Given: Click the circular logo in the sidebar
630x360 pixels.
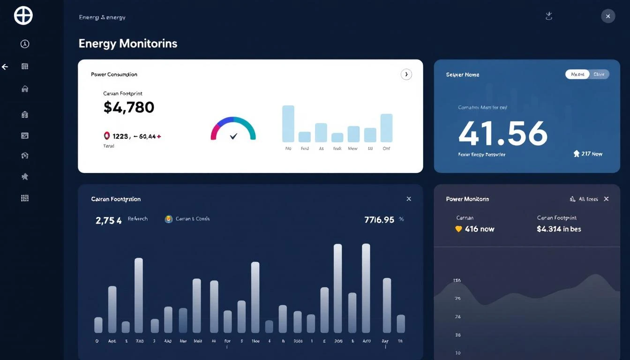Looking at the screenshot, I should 23,15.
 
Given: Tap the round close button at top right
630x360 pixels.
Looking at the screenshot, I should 607,16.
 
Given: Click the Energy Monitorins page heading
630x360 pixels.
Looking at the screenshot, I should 128,44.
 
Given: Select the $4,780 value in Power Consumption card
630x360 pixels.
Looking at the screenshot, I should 129,107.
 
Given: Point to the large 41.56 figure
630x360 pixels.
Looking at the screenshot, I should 502,133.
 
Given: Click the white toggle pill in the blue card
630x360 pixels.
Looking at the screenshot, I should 577,74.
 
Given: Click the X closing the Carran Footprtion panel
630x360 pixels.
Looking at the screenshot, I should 409,199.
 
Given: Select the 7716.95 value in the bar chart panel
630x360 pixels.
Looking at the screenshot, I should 379,219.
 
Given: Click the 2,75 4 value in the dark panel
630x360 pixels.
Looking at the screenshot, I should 109,220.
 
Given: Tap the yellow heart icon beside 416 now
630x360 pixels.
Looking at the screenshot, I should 459,229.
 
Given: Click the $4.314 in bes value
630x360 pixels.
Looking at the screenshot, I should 559,229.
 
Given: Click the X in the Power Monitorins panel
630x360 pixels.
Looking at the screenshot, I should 606,199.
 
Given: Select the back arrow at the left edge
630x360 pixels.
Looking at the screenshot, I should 5,67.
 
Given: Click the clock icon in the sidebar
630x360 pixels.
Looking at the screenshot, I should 25,44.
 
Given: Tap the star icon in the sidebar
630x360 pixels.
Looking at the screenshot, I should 25,176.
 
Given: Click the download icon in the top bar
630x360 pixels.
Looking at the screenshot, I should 549,16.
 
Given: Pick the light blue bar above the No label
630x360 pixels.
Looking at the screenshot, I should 288,124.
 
